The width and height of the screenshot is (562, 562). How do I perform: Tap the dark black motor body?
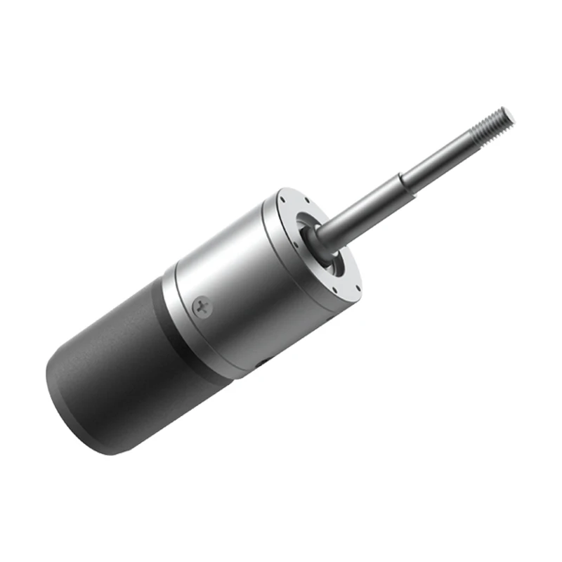119,372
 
